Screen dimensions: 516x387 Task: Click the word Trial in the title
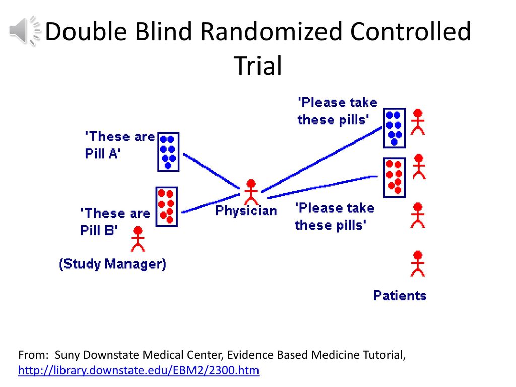coord(258,66)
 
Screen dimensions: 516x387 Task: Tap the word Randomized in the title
coord(271,32)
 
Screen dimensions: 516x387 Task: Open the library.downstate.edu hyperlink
coord(139,370)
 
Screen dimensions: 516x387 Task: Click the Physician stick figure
coord(251,192)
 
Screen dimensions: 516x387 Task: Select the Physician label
coord(246,211)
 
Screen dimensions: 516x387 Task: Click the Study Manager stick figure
coord(138,239)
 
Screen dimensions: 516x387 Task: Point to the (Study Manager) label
coord(112,264)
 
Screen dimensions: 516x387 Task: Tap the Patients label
coord(400,295)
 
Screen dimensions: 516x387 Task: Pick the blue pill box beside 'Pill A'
coord(168,152)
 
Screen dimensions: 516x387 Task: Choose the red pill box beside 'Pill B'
coord(166,207)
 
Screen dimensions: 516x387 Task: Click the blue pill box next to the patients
coord(395,128)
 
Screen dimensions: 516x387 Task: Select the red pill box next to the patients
coord(395,177)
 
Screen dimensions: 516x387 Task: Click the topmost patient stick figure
coord(418,122)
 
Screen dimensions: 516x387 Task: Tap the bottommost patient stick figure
coord(418,264)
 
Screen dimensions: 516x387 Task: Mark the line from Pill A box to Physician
coord(212,171)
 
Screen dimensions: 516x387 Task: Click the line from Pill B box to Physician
coord(211,204)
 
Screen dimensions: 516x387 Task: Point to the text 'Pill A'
coord(103,153)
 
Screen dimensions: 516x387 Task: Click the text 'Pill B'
coord(99,230)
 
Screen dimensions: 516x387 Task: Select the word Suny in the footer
coord(68,355)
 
